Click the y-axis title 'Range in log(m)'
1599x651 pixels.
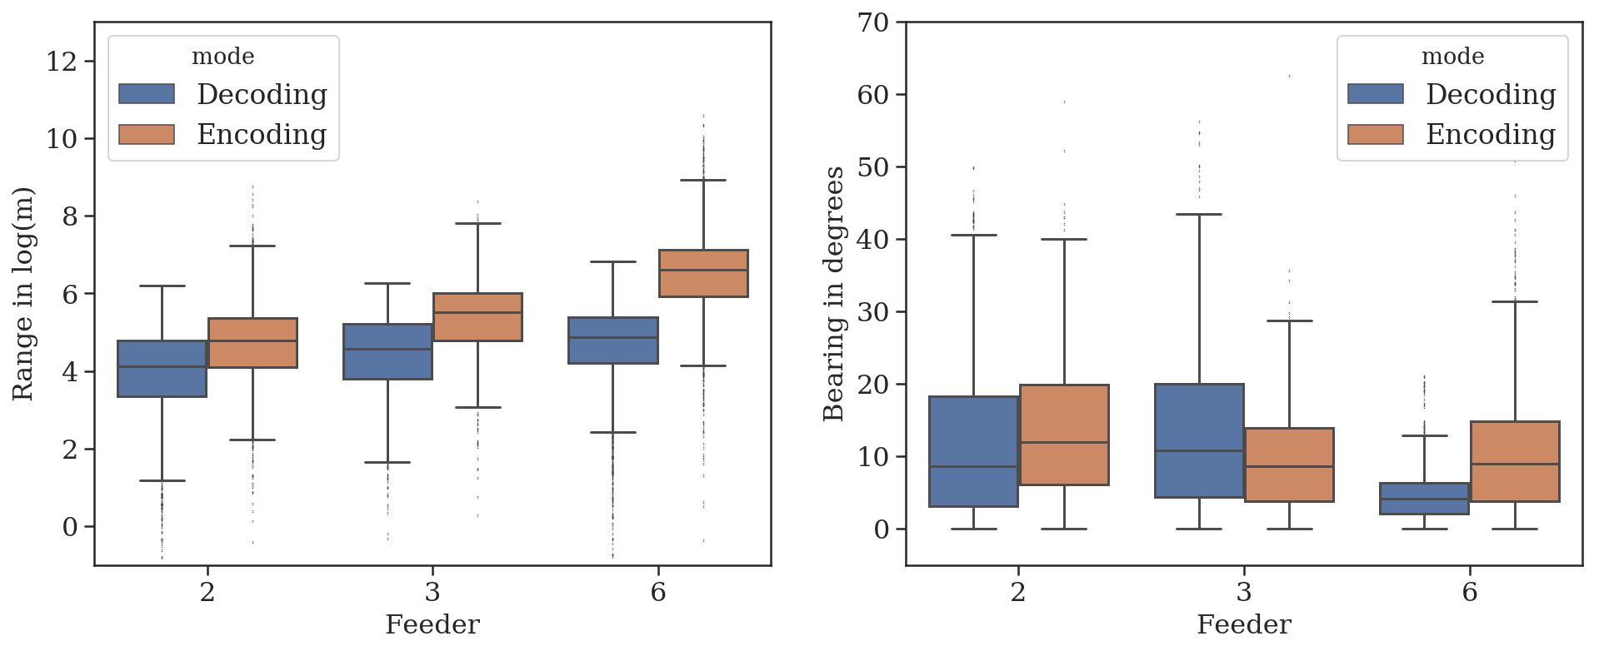coord(24,293)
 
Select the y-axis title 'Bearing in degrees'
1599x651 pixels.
coord(834,293)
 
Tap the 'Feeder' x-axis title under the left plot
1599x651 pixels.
coord(432,624)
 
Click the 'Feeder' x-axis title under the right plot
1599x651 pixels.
coord(1244,624)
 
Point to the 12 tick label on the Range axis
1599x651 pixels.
coord(61,62)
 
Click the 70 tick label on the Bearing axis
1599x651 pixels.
coord(873,22)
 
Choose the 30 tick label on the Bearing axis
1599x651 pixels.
coord(873,311)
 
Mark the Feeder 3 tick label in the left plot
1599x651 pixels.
coord(432,592)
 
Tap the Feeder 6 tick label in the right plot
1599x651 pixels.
coord(1470,592)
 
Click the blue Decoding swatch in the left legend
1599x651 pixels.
coord(147,94)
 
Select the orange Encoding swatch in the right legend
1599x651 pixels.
coord(1376,134)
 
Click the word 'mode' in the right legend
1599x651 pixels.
coord(1452,57)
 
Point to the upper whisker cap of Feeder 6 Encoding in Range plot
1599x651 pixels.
coord(703,180)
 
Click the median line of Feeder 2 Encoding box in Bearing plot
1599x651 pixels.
coord(1064,442)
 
